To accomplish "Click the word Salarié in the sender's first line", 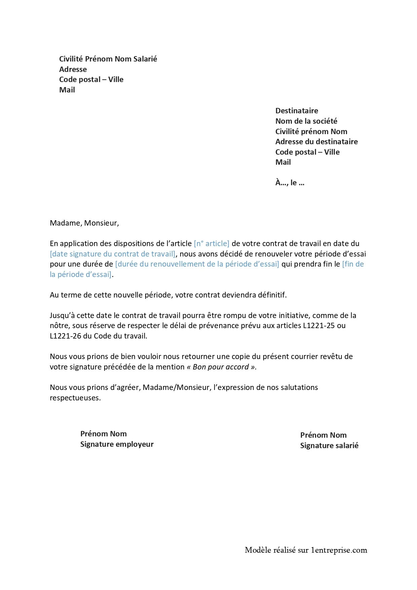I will click(145, 59).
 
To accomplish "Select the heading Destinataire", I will click(296, 111).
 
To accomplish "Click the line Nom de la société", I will click(306, 121).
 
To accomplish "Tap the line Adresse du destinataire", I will click(316, 142).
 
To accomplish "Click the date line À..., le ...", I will click(290, 183).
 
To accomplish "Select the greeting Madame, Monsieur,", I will click(84, 223).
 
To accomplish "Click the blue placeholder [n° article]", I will click(212, 243).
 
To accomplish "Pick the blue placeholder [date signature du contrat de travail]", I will click(112, 254).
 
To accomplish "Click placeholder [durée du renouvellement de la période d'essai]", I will click(197, 264).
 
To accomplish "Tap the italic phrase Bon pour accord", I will click(221, 367).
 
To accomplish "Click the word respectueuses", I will click(75, 398).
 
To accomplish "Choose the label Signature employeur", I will click(117, 444).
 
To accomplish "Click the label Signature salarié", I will click(329, 445).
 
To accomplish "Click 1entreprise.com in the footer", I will click(339, 550).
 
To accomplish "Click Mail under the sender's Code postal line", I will click(67, 90).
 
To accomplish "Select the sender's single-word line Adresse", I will click(73, 69).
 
